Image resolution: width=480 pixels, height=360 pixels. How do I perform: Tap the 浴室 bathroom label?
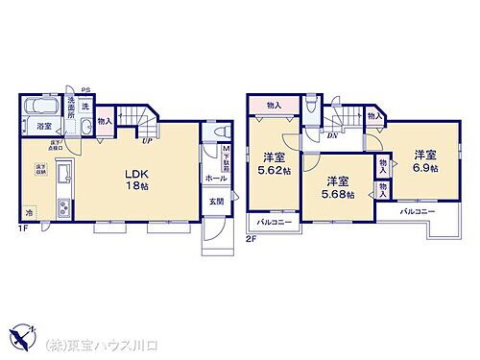44,126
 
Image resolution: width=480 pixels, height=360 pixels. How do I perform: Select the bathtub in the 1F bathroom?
42,106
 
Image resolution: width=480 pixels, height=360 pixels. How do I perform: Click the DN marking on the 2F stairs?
331,135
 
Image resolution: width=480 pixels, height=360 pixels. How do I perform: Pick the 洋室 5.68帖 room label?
337,187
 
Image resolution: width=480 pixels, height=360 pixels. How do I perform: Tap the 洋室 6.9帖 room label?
424,161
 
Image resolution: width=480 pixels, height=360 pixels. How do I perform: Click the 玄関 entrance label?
217,202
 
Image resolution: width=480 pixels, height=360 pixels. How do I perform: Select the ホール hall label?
215,179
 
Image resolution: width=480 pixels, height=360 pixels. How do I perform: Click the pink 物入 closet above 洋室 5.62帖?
275,105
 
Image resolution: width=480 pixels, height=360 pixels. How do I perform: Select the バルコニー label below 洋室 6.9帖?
418,210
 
